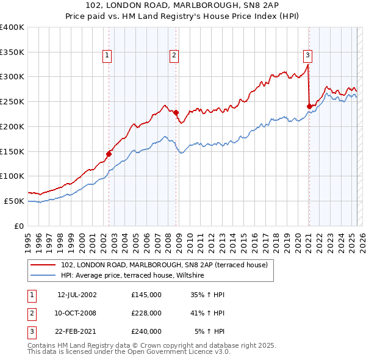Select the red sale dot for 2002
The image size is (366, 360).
[109, 154]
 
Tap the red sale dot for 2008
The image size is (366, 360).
[176, 112]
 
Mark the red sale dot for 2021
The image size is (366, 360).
[309, 106]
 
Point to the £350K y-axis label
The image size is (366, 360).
[12, 52]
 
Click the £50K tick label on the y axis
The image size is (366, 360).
[15, 201]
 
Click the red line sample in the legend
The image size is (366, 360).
[44, 264]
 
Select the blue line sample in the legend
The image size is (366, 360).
[44, 276]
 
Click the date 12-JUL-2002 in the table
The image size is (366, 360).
[77, 295]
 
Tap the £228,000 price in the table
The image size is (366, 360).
[146, 313]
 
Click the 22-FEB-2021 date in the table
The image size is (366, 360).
[77, 331]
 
